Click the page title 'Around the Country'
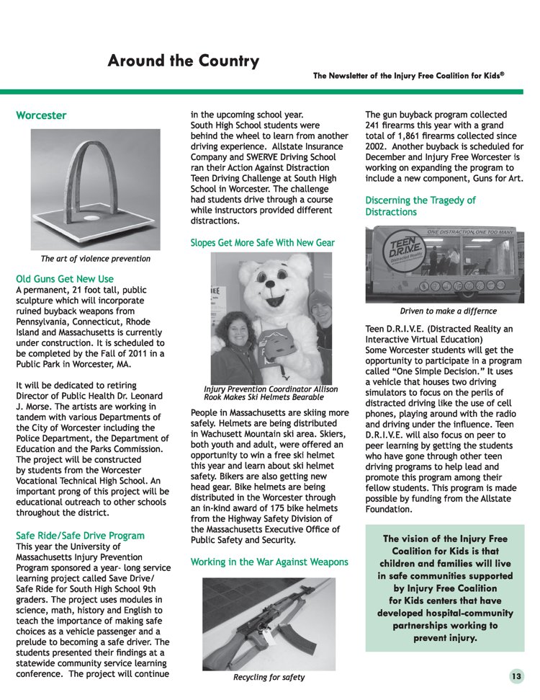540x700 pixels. pos(183,61)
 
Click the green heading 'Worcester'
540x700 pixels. pos(41,115)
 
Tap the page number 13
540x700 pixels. pos(516,676)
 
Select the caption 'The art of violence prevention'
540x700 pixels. pos(96,258)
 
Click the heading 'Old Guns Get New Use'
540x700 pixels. pos(65,278)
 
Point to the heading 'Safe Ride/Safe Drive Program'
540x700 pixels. pos(80,536)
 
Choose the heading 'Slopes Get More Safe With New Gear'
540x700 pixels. pos(262,243)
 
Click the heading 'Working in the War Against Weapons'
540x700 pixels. pos(269,562)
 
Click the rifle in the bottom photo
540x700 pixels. pos(266,620)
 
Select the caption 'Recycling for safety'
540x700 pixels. pos(269,677)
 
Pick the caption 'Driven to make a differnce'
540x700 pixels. pos(448,311)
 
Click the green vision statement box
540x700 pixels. pos(446,588)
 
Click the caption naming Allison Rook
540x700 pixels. pos(270,393)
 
